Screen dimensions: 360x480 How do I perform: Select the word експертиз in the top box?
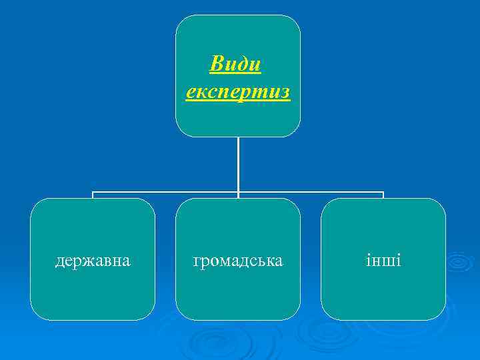coord(238,91)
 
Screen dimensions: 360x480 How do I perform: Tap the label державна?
coord(92,260)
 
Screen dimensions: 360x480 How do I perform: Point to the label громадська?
coord(238,260)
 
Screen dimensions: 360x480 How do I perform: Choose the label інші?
coord(383,260)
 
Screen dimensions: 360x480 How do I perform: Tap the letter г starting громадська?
coord(197,261)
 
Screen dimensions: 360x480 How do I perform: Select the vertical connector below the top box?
coord(238,163)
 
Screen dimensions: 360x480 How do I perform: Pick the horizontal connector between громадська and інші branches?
coord(311,193)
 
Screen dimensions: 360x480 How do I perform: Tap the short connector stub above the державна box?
coord(93,195)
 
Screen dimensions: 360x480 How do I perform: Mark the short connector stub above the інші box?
coord(383,195)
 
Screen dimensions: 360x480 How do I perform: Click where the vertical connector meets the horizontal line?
coord(238,193)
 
